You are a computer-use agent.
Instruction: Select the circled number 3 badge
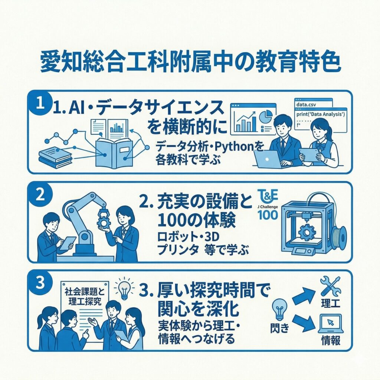40,282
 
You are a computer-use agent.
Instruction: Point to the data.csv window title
306,105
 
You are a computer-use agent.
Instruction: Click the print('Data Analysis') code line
320,114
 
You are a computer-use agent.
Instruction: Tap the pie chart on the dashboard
266,116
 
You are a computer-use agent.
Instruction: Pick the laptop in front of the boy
268,159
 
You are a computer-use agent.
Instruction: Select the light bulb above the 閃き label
280,309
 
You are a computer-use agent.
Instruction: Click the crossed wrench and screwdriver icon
330,286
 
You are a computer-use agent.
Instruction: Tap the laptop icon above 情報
331,324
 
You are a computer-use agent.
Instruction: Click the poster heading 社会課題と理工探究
85,296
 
